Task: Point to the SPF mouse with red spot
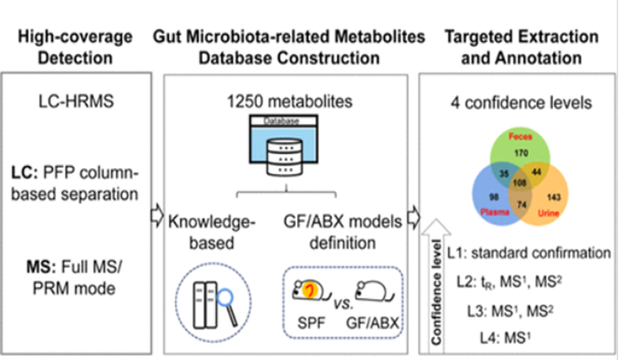pos(309,290)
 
